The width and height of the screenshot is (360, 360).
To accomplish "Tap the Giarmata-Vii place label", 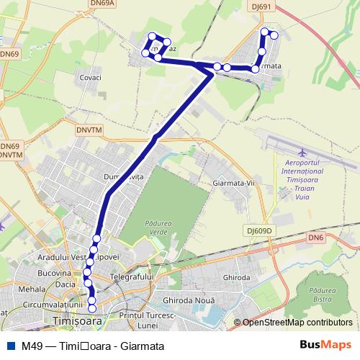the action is coord(235,183).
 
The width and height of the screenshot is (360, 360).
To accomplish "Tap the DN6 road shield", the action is coord(315,237).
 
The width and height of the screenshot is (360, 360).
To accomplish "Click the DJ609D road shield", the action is coord(258,231).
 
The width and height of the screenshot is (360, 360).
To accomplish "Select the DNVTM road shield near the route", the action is coord(89,131).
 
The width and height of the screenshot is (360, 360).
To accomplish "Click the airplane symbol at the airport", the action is coord(302,153).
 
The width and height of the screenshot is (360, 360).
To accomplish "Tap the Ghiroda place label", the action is coord(236,277).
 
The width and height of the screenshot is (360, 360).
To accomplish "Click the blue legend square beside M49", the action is coord(9,346).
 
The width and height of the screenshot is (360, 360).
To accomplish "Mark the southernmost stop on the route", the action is coord(92,310).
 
